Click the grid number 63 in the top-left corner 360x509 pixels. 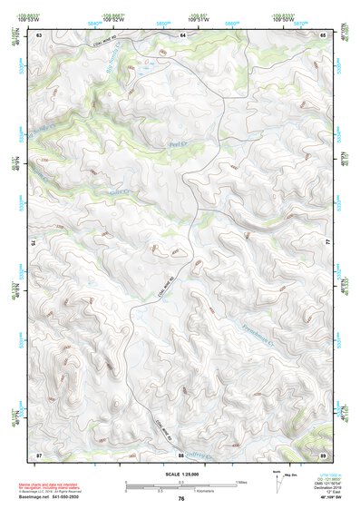click(40, 34)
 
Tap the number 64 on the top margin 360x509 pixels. click(181, 34)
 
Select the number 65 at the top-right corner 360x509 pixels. click(324, 34)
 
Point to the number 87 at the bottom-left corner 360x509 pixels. click(40, 454)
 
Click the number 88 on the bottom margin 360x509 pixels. click(181, 454)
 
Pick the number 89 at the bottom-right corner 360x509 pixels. click(324, 454)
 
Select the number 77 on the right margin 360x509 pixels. click(327, 243)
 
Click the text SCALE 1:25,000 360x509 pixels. click(181, 474)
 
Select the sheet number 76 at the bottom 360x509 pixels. click(181, 498)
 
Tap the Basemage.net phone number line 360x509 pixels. click(47, 495)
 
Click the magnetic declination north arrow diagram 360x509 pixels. click(276, 482)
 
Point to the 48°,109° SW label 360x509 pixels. click(325, 497)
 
